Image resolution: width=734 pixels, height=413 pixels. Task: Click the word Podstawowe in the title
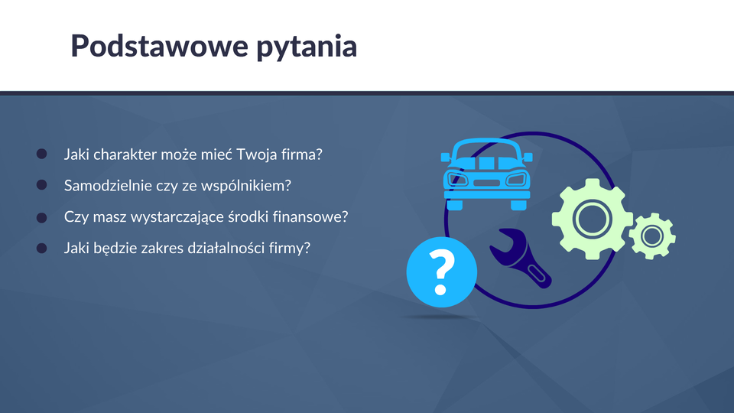(x=159, y=45)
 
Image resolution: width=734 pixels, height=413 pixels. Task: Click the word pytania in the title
(x=307, y=47)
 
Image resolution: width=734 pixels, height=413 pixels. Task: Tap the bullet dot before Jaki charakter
(x=41, y=154)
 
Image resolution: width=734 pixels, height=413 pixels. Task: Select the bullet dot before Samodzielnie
(x=41, y=185)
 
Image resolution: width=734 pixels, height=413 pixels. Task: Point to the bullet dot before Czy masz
(x=41, y=217)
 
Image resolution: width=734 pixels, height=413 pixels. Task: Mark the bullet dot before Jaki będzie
(x=41, y=248)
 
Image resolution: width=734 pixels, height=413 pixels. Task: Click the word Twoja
(x=257, y=154)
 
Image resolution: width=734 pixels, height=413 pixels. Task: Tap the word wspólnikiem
(x=246, y=186)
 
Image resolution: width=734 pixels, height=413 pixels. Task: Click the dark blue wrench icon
(x=520, y=257)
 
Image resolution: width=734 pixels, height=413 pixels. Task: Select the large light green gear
(x=592, y=220)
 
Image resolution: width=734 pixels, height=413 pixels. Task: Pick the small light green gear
(x=651, y=236)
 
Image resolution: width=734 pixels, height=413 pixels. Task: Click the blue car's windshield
(x=486, y=151)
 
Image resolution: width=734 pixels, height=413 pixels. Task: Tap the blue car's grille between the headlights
(x=486, y=183)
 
